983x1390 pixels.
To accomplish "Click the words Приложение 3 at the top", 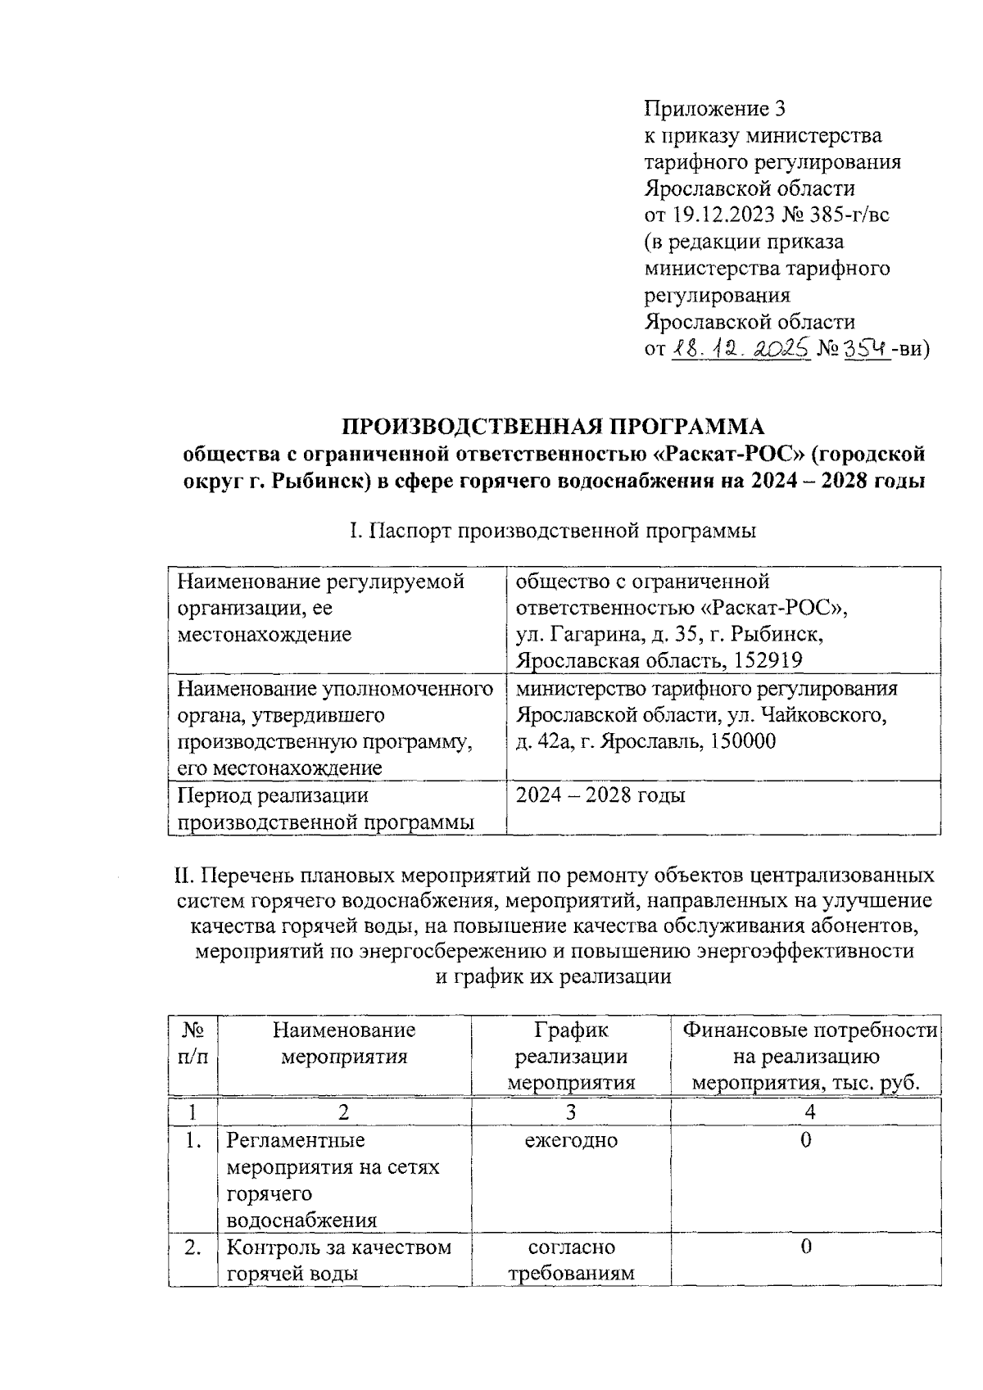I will pyautogui.click(x=715, y=108).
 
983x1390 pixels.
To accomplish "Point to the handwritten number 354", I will pyautogui.click(x=867, y=349).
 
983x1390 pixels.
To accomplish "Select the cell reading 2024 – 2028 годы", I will pyautogui.click(x=600, y=795).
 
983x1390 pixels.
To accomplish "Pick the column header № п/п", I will pyautogui.click(x=193, y=1043).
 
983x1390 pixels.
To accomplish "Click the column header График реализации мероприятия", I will pyautogui.click(x=571, y=1056).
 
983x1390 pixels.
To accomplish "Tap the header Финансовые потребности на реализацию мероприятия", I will pyautogui.click(x=809, y=1056).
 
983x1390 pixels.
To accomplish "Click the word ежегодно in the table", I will pyautogui.click(x=571, y=1140).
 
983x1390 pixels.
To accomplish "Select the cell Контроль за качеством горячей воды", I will pyautogui.click(x=338, y=1260).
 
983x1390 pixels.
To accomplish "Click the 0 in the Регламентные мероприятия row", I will pyautogui.click(x=806, y=1140).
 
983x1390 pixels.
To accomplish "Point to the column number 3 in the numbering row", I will pyautogui.click(x=571, y=1112).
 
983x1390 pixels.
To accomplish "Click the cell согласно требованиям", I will pyautogui.click(x=571, y=1260).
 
